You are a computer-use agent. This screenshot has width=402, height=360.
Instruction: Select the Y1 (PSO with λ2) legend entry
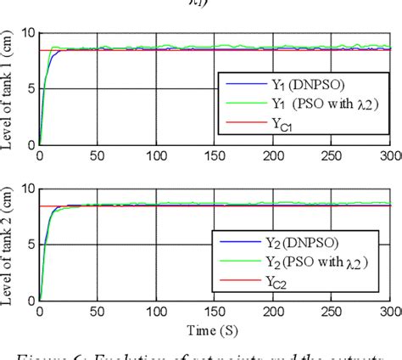point(315,104)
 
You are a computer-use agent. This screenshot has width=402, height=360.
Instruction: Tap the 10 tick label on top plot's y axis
point(25,34)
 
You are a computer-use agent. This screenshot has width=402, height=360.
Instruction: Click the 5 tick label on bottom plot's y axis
point(29,245)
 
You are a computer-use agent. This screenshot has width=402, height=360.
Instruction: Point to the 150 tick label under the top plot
point(215,156)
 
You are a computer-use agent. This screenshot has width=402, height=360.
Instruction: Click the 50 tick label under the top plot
point(99,156)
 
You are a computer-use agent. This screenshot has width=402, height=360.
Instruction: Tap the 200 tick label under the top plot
point(274,156)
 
